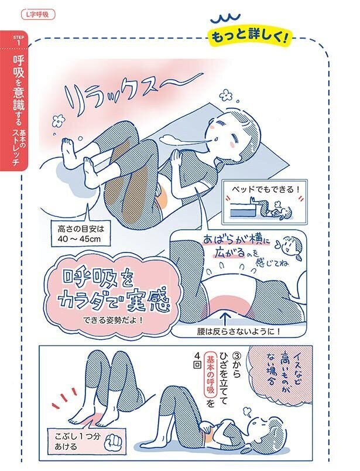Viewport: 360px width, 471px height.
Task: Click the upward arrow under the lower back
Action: [x=227, y=317]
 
